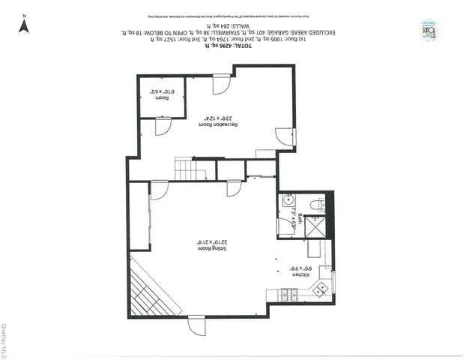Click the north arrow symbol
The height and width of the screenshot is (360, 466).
tap(24, 25)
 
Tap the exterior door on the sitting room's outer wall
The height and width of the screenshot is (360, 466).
tap(196, 325)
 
